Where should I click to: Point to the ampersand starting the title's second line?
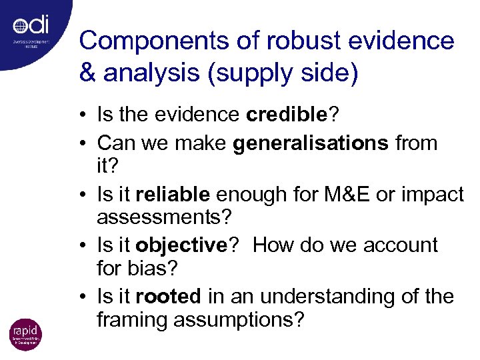(88, 73)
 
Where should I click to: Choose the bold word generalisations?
(311, 143)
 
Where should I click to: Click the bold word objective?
(181, 245)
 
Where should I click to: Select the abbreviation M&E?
(357, 194)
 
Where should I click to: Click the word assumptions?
(239, 320)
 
